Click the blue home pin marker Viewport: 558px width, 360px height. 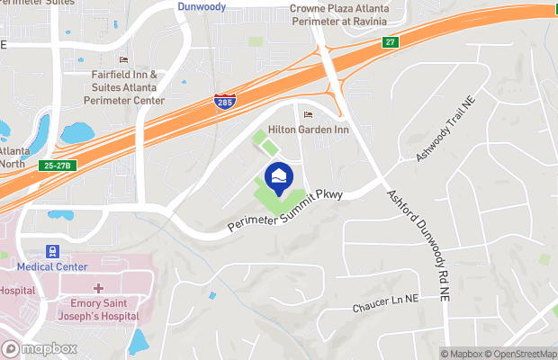click(x=278, y=175)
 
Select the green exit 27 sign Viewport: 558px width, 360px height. click(x=390, y=41)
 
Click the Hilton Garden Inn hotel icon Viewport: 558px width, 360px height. click(x=308, y=115)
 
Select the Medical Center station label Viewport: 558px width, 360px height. click(x=51, y=266)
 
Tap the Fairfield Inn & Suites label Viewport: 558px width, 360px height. click(x=124, y=87)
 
